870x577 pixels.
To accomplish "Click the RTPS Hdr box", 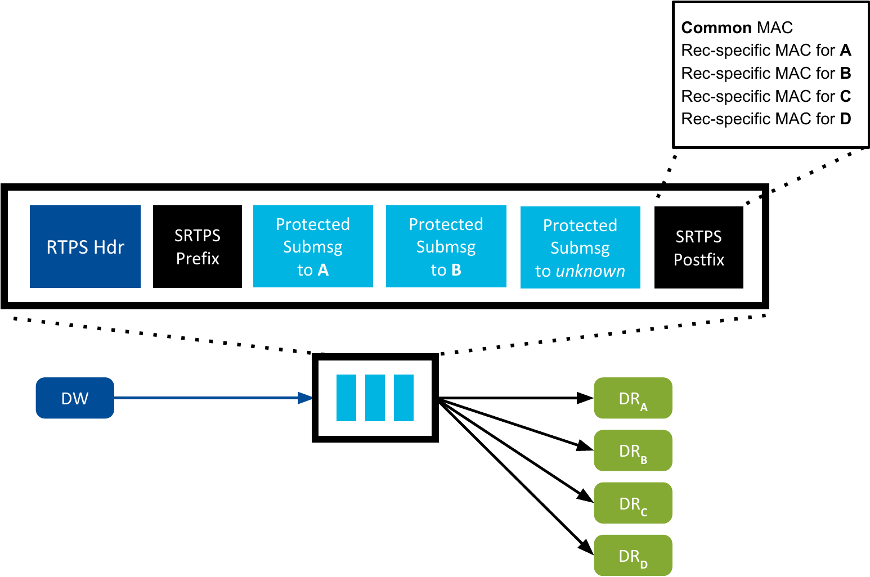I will pyautogui.click(x=85, y=247).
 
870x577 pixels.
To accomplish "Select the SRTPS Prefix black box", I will pyautogui.click(x=198, y=247).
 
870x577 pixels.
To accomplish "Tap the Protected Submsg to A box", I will pyautogui.click(x=313, y=247).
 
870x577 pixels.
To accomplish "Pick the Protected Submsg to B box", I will pyautogui.click(x=446, y=247).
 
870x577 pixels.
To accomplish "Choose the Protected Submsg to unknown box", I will pyautogui.click(x=580, y=247).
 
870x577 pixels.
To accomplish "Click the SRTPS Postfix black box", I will pyautogui.click(x=698, y=247).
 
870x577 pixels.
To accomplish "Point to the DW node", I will pyautogui.click(x=75, y=398).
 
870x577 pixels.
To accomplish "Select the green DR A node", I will pyautogui.click(x=633, y=398).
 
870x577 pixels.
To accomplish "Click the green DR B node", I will pyautogui.click(x=633, y=450).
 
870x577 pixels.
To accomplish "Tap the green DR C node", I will pyautogui.click(x=633, y=503).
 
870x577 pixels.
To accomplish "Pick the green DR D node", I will pyautogui.click(x=633, y=556).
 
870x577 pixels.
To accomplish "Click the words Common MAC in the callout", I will pyautogui.click(x=737, y=28).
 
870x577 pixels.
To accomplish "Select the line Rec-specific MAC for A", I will pyautogui.click(x=765, y=51).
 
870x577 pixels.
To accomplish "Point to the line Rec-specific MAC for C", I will pyautogui.click(x=765, y=96).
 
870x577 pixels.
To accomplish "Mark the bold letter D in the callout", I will pyautogui.click(x=845, y=119).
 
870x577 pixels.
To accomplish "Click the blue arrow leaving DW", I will pyautogui.click(x=214, y=398).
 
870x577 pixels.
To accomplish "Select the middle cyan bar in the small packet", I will pyautogui.click(x=375, y=398).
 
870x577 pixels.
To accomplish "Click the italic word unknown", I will pyautogui.click(x=590, y=271).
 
